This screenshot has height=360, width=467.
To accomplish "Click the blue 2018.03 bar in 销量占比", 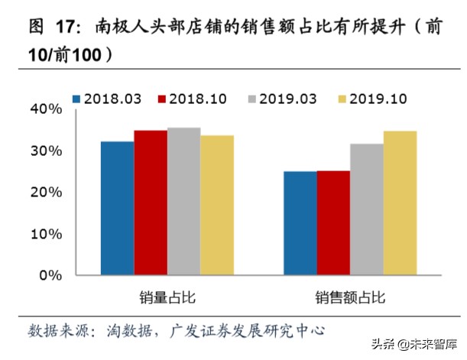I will [117, 208].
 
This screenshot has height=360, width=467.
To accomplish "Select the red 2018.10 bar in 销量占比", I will [151, 203].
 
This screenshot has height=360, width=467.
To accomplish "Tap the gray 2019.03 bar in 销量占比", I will [184, 201].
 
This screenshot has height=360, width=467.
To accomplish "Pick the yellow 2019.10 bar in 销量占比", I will [217, 205].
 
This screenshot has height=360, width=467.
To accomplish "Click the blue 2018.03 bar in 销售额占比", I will [300, 223].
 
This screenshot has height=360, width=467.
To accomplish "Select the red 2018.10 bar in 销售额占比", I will [333, 222].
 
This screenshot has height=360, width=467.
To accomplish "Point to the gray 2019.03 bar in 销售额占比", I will [367, 209].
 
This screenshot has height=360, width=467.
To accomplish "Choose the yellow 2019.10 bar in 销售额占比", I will [400, 203].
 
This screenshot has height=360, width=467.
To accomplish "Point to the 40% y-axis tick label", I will [46, 109].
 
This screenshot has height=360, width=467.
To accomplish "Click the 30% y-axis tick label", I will [46, 151].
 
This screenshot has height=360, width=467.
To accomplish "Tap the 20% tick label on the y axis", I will [46, 193].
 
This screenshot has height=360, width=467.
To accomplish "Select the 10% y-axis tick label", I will [46, 234].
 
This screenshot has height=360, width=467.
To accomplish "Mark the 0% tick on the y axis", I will [50, 275].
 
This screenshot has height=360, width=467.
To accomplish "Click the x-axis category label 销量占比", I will [167, 297].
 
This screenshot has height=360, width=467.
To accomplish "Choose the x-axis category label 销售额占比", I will [349, 297].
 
